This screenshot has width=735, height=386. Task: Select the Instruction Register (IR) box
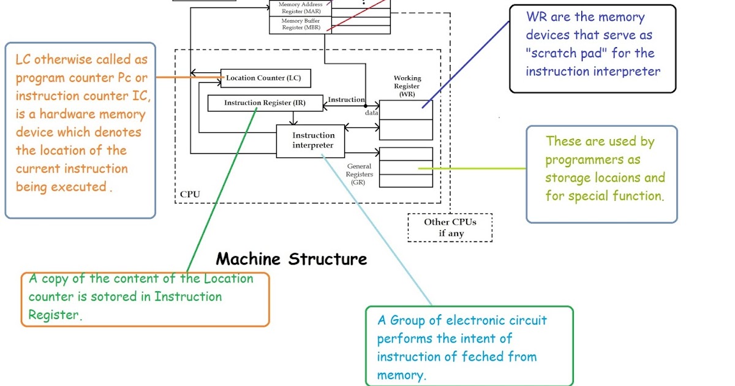(x=265, y=103)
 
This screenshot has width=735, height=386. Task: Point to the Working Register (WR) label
(x=407, y=86)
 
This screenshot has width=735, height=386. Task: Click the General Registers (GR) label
(x=360, y=174)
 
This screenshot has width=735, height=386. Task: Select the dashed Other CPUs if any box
(x=450, y=227)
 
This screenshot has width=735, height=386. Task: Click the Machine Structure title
(x=292, y=259)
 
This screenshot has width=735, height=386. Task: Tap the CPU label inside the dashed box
(x=190, y=195)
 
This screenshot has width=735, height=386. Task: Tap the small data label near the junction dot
(x=372, y=113)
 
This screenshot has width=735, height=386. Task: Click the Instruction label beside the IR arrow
(x=346, y=99)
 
